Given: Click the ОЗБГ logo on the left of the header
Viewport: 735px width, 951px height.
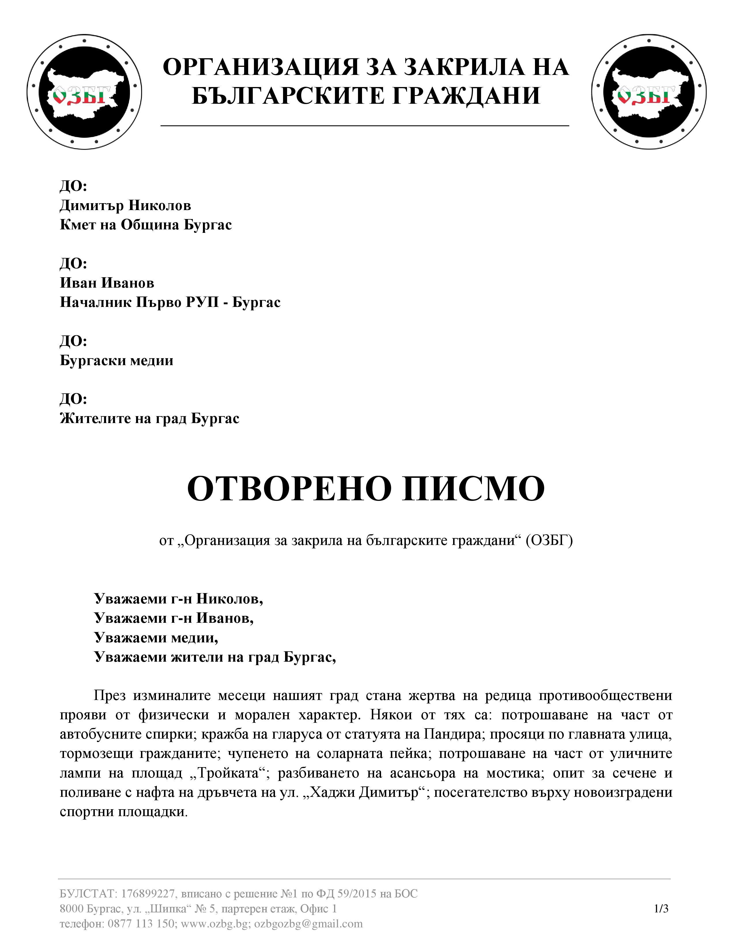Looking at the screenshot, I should coord(84,92).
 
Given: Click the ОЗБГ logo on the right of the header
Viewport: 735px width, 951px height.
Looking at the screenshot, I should coord(649,92).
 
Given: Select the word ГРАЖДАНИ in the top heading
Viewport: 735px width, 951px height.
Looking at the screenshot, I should coord(465,95).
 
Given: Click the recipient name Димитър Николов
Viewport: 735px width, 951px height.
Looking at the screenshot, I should coord(125,205).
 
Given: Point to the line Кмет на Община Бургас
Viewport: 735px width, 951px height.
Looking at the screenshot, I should coord(146,225).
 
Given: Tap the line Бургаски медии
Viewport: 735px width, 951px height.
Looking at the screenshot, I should coord(116,360).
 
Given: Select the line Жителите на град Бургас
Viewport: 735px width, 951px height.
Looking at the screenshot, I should coord(149,418).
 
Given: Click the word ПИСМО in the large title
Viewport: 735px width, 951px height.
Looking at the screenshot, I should coord(473,488).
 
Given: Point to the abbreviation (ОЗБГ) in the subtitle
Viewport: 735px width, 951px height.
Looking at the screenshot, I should coord(549,540).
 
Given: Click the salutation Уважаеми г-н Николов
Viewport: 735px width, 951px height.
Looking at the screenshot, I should coord(178,599).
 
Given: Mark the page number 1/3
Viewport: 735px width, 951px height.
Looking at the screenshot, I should coord(661,908).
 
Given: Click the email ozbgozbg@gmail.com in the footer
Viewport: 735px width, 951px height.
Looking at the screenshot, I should coord(308,924).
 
